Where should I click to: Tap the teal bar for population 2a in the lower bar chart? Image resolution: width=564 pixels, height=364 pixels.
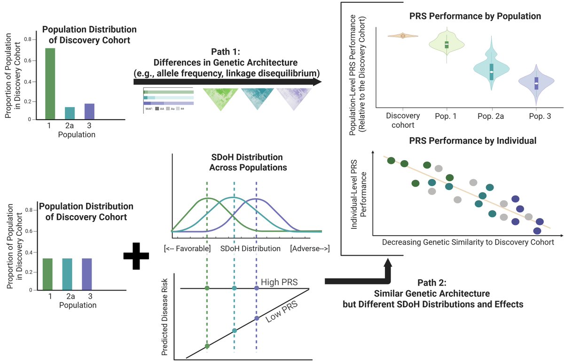[x=69, y=274]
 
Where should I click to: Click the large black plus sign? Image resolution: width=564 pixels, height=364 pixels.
[x=136, y=256]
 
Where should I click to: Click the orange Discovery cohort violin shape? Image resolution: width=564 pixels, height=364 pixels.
[x=403, y=36]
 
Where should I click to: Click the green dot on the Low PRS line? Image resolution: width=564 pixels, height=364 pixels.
[x=207, y=346]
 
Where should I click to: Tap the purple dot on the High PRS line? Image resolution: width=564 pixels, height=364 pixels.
[x=256, y=288]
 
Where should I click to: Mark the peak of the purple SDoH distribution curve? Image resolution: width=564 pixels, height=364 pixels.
[x=256, y=199]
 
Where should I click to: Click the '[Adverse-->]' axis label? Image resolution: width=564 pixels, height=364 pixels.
[x=310, y=248]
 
